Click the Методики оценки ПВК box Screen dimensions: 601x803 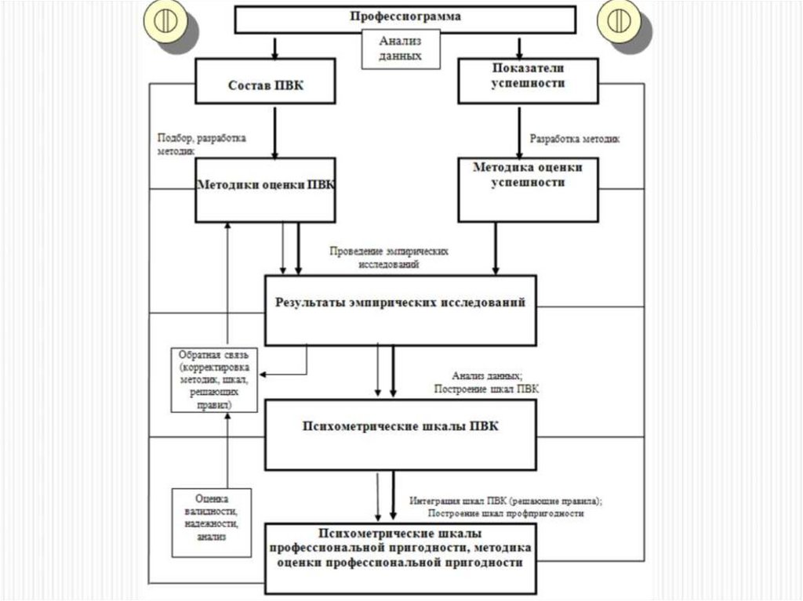tap(266, 187)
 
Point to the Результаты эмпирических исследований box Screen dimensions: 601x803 tap(400, 310)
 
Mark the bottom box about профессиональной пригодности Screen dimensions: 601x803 tap(400, 556)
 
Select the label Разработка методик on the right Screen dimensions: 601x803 tap(575, 139)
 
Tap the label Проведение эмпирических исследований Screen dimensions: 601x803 tap(389, 259)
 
